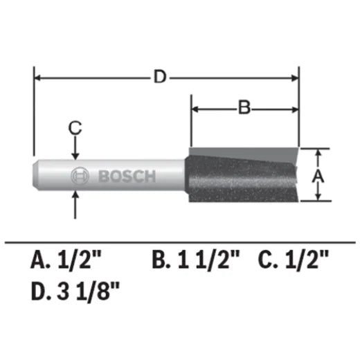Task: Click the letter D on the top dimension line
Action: [160, 78]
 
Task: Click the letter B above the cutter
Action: [243, 107]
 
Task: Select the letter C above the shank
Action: [76, 127]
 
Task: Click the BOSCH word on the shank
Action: [127, 177]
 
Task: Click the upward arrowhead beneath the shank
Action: [76, 198]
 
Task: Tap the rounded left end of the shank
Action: [38, 177]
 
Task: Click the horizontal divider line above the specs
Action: [180, 242]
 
